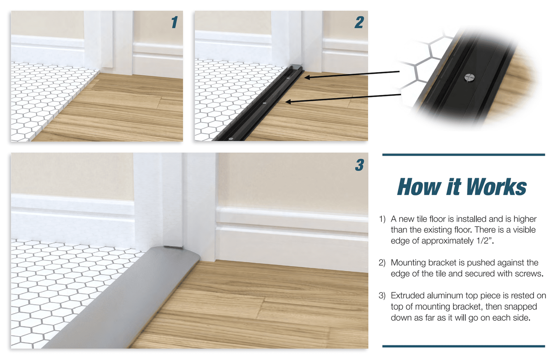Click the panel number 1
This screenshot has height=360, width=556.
175,22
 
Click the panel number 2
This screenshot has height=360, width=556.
359,22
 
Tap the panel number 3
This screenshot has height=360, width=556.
360,165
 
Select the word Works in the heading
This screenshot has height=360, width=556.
496,187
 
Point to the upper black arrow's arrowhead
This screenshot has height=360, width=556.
307,77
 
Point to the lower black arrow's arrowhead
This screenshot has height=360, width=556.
288,102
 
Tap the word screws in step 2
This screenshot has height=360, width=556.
528,274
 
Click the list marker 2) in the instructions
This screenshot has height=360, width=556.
382,262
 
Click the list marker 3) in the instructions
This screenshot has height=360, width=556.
382,295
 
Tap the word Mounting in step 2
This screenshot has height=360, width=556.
408,262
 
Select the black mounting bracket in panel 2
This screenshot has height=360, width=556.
258,104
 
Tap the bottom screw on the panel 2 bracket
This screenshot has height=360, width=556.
231,139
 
